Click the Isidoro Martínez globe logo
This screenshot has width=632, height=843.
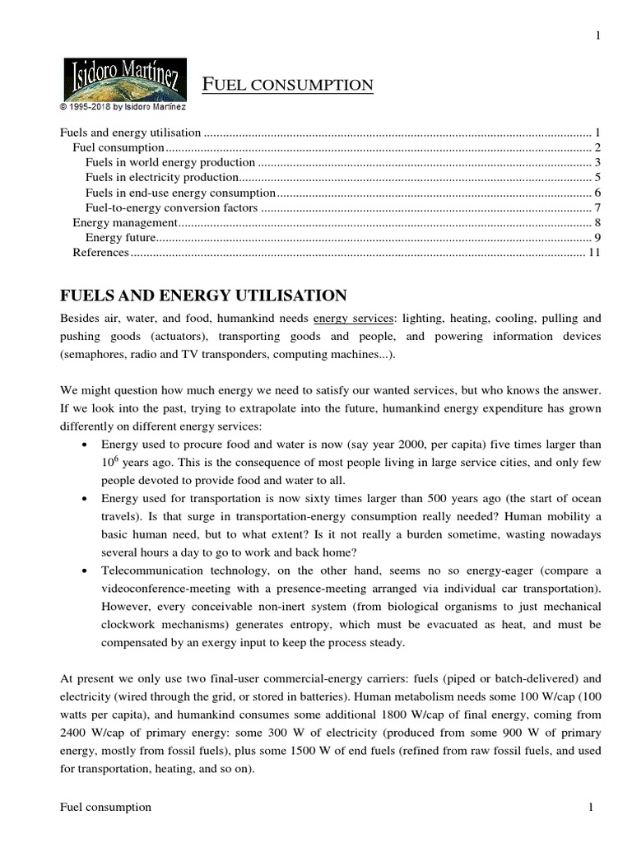tap(124, 79)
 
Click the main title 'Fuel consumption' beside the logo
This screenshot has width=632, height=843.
tap(288, 85)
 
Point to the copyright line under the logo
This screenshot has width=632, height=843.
tap(123, 107)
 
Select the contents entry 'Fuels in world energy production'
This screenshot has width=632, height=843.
tap(170, 162)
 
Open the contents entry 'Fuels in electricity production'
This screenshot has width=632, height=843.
tap(162, 177)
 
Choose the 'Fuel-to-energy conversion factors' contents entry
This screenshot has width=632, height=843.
tap(172, 207)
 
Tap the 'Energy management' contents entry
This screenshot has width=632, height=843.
tap(125, 222)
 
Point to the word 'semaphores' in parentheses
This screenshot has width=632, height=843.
tap(93, 355)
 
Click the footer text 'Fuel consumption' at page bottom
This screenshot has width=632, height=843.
tap(106, 808)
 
